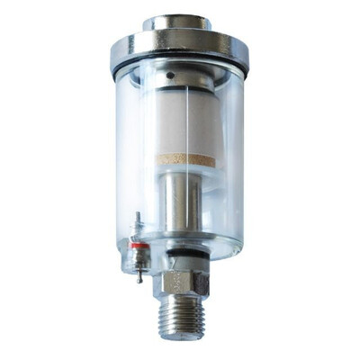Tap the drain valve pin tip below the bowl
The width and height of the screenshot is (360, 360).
[139, 277]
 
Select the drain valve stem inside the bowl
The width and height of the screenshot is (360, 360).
[138, 225]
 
